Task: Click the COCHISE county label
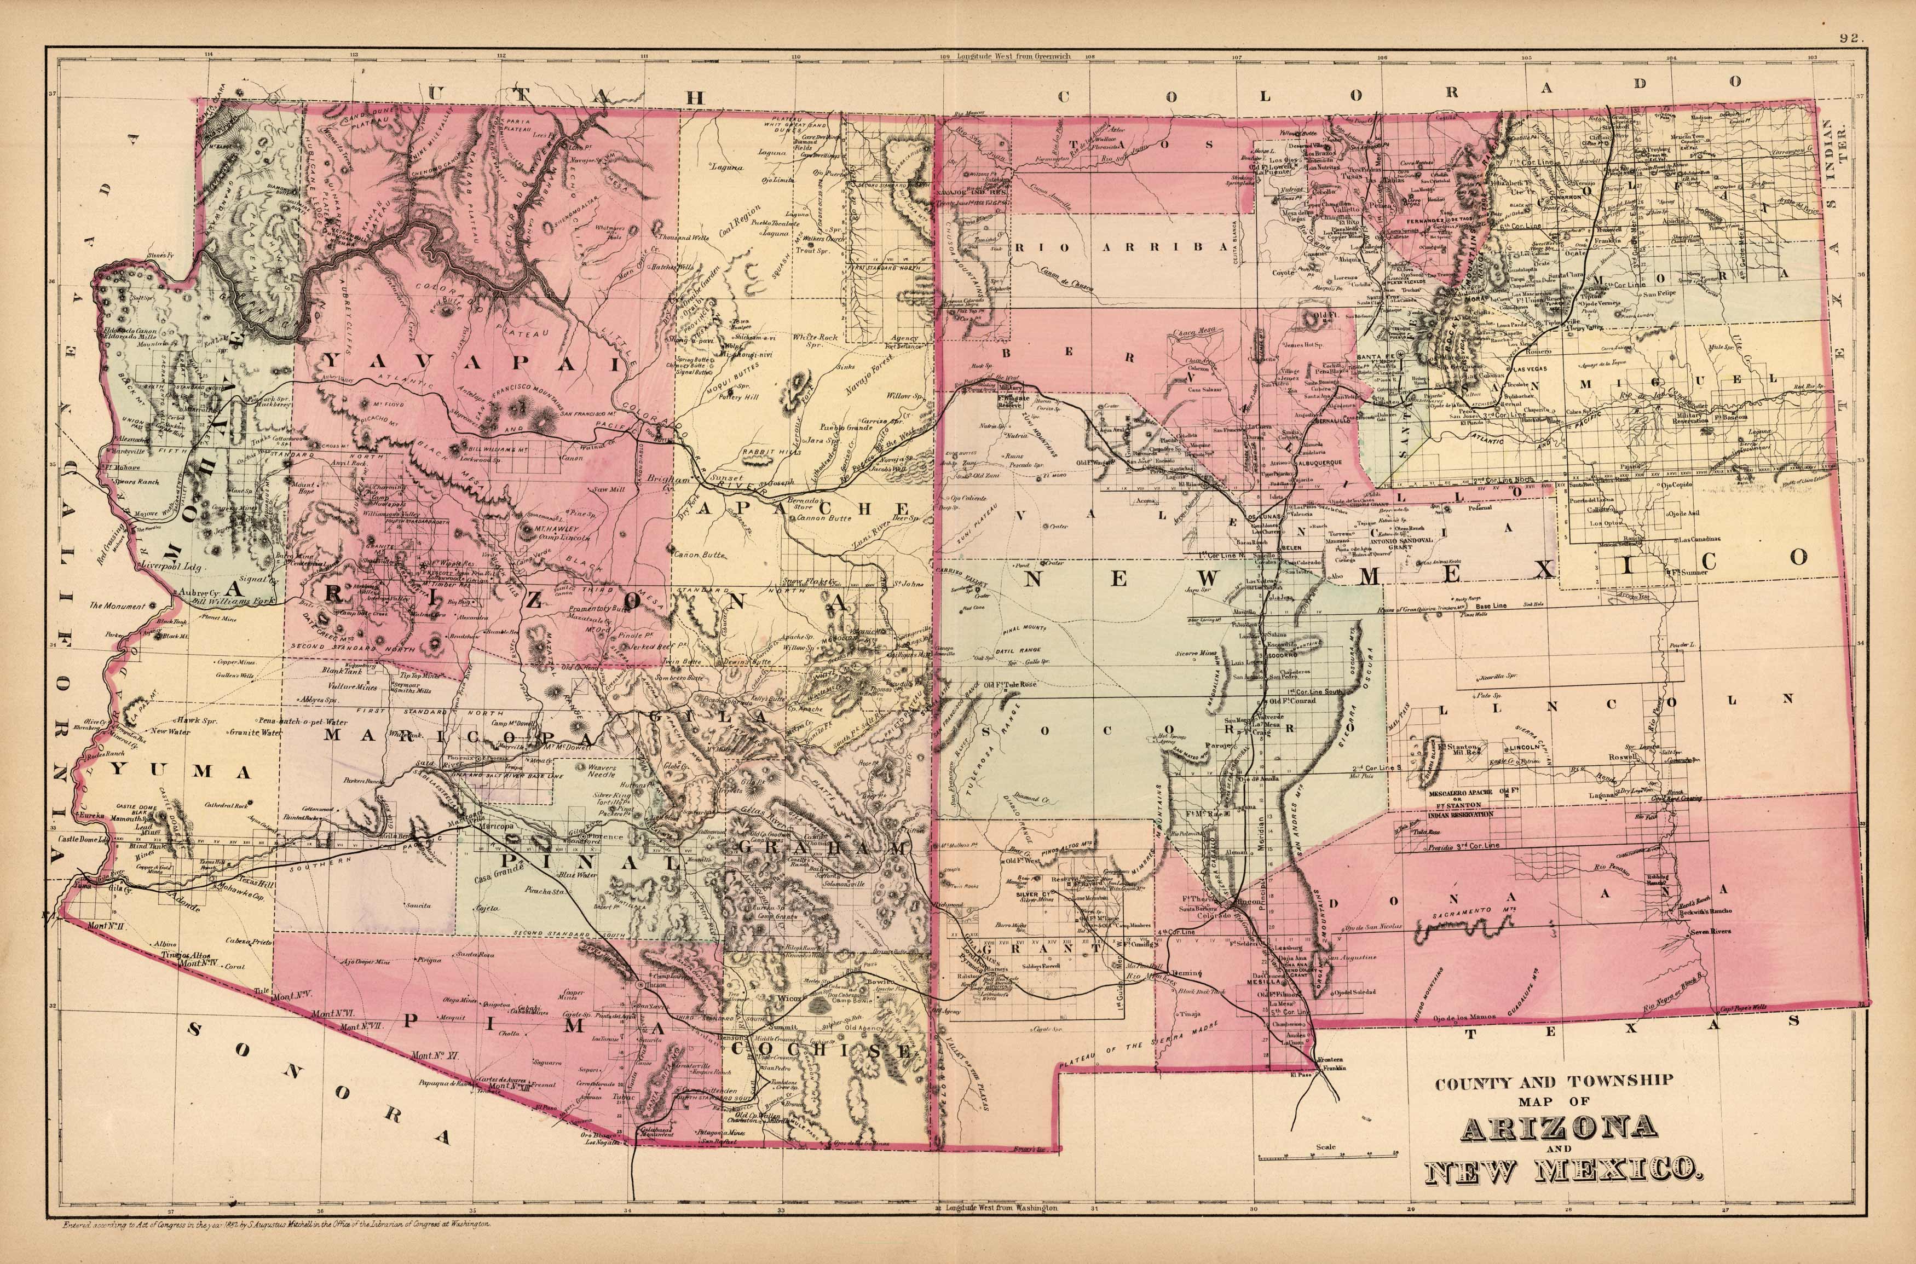point(830,1051)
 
